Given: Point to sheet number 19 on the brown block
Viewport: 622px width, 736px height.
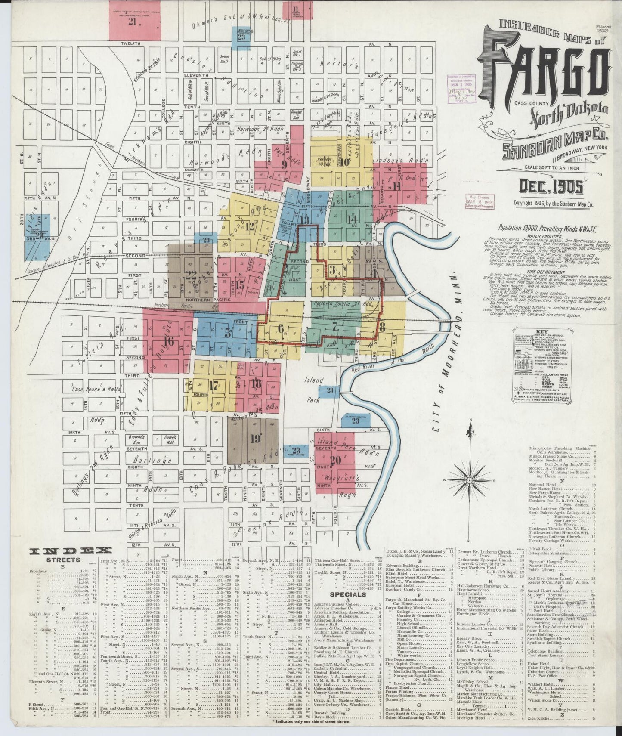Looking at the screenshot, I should (x=255, y=439).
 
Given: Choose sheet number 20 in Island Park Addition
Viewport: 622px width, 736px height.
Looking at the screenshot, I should (x=335, y=459).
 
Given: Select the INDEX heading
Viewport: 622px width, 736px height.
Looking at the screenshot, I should (x=70, y=550).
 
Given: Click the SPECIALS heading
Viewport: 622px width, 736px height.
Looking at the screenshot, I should (x=349, y=594).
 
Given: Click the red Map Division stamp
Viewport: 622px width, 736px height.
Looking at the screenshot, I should (x=480, y=201).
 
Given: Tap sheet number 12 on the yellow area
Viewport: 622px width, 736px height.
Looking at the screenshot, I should (x=249, y=228).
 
